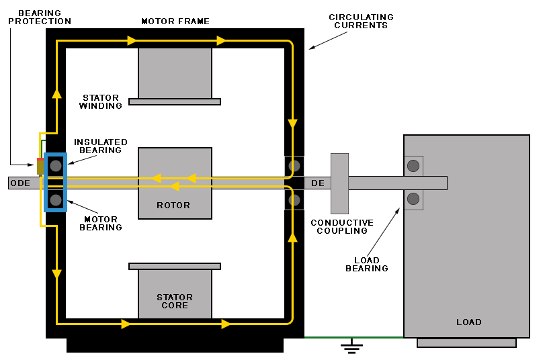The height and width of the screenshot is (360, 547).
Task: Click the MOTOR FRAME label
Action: tap(175, 21)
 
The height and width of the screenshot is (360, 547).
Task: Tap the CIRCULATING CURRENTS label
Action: tap(361, 21)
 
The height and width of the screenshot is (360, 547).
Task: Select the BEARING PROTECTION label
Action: tap(40, 17)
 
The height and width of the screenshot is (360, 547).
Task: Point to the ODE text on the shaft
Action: tap(20, 183)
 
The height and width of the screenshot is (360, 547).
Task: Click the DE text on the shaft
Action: tap(317, 183)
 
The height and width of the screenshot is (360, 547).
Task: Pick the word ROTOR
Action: tap(173, 205)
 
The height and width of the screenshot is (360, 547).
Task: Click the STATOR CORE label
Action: tap(175, 302)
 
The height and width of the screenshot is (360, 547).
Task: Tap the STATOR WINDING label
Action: tap(101, 102)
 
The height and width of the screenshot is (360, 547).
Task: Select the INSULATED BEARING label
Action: tap(101, 146)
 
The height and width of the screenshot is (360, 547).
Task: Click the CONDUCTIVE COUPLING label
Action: tap(342, 227)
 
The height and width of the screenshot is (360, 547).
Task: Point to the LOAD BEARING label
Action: tap(367, 265)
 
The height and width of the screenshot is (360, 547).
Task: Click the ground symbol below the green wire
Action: tap(351, 347)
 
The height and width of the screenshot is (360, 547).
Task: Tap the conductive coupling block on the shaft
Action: tap(339, 183)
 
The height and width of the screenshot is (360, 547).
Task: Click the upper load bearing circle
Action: tap(413, 166)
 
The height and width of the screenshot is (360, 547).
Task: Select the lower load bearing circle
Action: tap(413, 199)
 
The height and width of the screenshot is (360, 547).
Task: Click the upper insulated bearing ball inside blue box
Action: tap(56, 166)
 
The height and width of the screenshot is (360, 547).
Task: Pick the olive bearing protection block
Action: tap(40, 167)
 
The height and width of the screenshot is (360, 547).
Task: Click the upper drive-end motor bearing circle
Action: tap(294, 166)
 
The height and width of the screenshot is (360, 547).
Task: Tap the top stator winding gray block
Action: tap(175, 73)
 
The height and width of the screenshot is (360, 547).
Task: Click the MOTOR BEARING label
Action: tap(101, 223)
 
